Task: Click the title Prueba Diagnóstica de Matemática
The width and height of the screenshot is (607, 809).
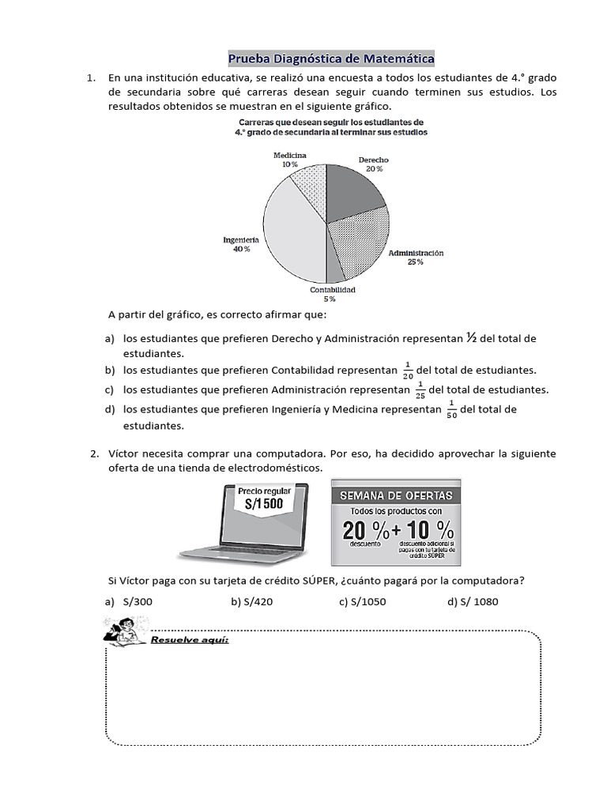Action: [331, 58]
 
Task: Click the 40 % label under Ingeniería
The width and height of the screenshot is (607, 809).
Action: [241, 249]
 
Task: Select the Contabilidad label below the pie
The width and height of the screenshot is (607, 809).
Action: [332, 290]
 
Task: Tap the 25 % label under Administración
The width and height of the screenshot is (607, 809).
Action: [415, 263]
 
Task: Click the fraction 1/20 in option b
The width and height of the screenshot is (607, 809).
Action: [408, 370]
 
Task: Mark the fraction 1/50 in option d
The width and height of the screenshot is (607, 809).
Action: [451, 409]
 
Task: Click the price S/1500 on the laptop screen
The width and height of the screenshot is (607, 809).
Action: [265, 504]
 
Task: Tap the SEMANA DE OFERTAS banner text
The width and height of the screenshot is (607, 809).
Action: [396, 495]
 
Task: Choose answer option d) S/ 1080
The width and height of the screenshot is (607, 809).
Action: [472, 602]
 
